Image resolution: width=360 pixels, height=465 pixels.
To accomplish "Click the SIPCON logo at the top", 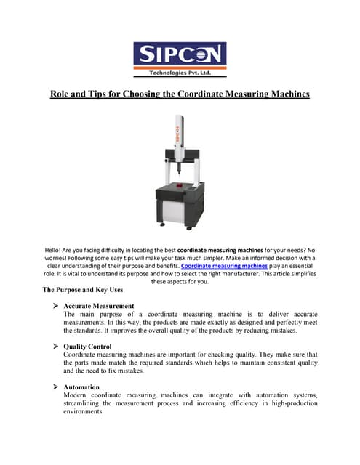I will [180, 54].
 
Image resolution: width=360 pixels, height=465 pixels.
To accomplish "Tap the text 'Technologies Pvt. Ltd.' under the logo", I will [180, 73].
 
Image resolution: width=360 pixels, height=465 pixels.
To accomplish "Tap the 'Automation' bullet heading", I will [81, 387].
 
